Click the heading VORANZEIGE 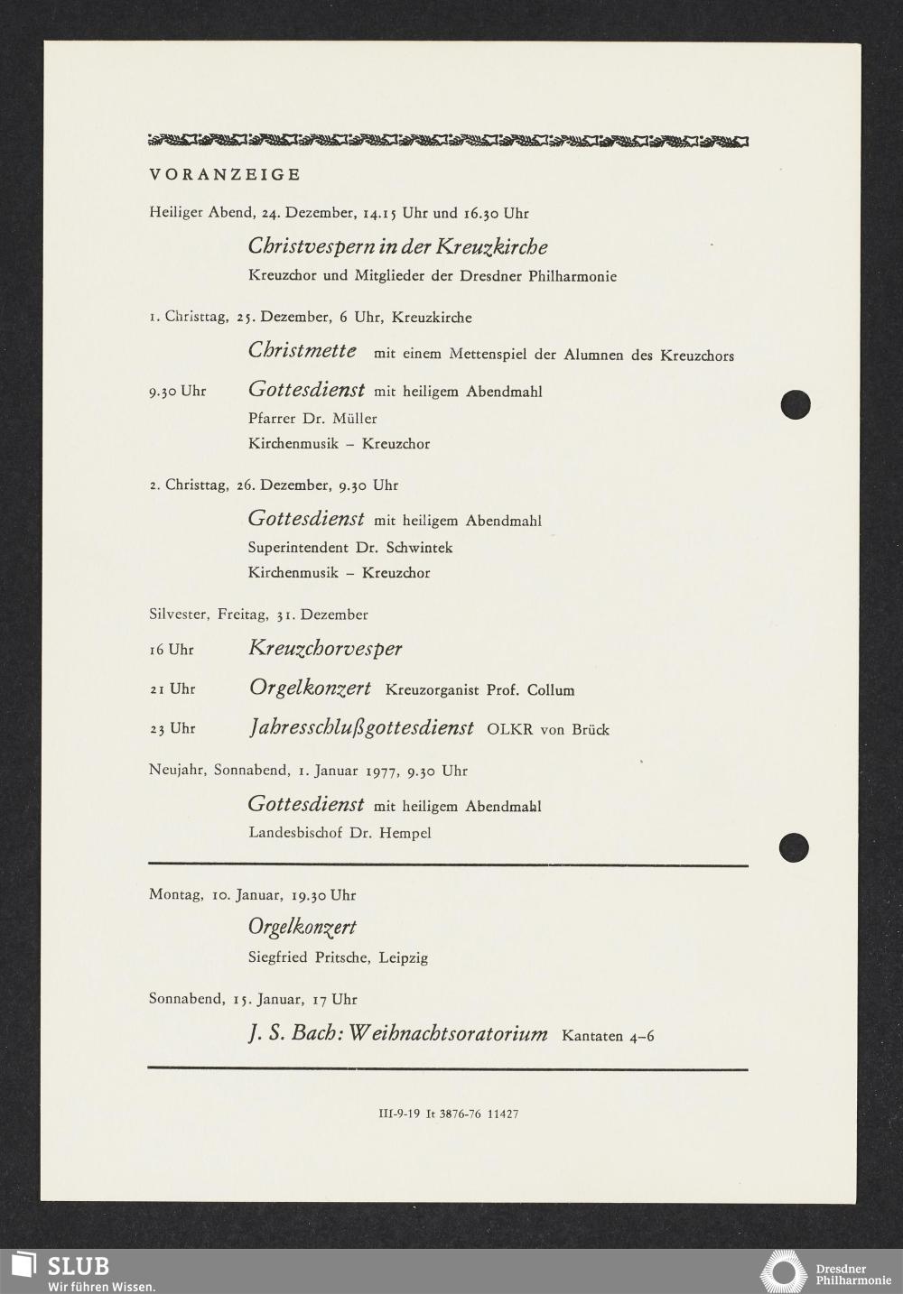coord(225,174)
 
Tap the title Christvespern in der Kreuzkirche coord(397,246)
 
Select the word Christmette coord(302,350)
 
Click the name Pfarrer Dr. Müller coord(312,418)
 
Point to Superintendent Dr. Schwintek coord(350,547)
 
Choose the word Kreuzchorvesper coord(325,648)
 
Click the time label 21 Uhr coord(172,689)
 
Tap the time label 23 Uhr coord(172,728)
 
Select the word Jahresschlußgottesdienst coord(360,727)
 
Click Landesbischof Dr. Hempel coord(340,832)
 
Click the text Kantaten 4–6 coord(608,1036)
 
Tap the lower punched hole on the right coord(794,846)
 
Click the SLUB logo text coord(78,1264)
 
